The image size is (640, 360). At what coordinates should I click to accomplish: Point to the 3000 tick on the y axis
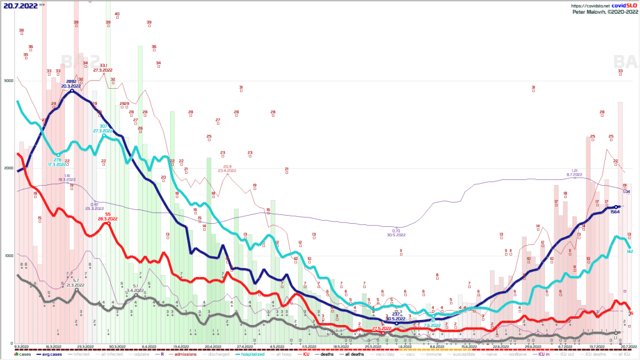(7, 81)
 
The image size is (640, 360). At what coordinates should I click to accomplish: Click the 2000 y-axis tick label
(7, 169)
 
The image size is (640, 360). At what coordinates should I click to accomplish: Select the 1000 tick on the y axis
(7, 256)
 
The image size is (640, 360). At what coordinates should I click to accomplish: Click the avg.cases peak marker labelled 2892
(72, 91)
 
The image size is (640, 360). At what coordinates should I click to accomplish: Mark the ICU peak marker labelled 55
(108, 223)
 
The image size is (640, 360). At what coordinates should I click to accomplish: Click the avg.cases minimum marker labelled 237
(396, 323)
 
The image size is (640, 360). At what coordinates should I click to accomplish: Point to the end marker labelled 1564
(616, 207)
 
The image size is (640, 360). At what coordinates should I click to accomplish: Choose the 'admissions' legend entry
(182, 355)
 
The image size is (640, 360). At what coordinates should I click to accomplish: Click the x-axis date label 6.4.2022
(149, 346)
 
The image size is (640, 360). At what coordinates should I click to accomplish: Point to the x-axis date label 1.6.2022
(403, 346)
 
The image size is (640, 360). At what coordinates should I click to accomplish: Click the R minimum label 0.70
(393, 231)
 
